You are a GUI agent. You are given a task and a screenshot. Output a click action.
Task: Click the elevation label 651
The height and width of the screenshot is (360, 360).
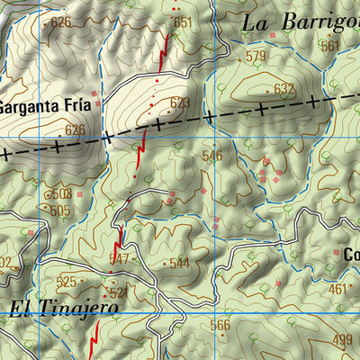pos(183,22)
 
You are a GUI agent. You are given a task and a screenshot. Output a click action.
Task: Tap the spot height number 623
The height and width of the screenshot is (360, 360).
pos(180,103)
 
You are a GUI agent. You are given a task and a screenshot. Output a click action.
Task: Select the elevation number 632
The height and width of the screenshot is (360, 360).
pos(284,88)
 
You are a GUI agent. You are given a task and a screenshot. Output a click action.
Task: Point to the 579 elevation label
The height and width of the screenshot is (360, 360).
pos(256,57)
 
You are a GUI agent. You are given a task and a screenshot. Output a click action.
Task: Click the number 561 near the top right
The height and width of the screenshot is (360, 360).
pos(331,45)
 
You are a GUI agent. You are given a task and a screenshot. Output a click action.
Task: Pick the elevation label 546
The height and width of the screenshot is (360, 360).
pos(212,156)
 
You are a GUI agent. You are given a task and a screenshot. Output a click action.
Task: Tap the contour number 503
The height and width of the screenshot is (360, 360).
pos(61,193)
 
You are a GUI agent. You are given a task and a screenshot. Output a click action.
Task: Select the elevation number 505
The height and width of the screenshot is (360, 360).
pos(59,211)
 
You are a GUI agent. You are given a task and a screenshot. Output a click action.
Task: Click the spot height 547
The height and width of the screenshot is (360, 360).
pos(120,258)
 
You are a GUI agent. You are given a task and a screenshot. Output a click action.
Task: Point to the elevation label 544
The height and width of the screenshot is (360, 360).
pos(179,263)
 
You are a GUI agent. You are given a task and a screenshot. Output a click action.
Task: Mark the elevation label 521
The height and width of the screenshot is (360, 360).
pos(117,292)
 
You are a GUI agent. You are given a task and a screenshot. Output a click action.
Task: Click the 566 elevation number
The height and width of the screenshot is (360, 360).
pos(220,325)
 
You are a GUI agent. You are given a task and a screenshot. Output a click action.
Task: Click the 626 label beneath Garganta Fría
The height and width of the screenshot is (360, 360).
pos(75,130)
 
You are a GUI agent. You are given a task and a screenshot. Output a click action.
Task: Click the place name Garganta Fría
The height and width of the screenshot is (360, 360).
pos(45,104)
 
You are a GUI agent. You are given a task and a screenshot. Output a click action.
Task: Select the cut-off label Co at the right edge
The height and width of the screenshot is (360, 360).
pos(351,255)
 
